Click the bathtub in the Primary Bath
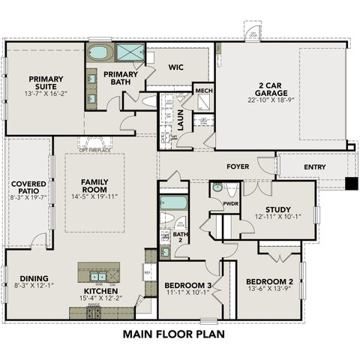pos(100,54)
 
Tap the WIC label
pos(176,67)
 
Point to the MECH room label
pos(203,91)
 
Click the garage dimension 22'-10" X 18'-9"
pos(261,100)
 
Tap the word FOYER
pos(238,166)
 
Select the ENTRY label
pos(314,166)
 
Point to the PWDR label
pos(231,203)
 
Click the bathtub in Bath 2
pos(173,202)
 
